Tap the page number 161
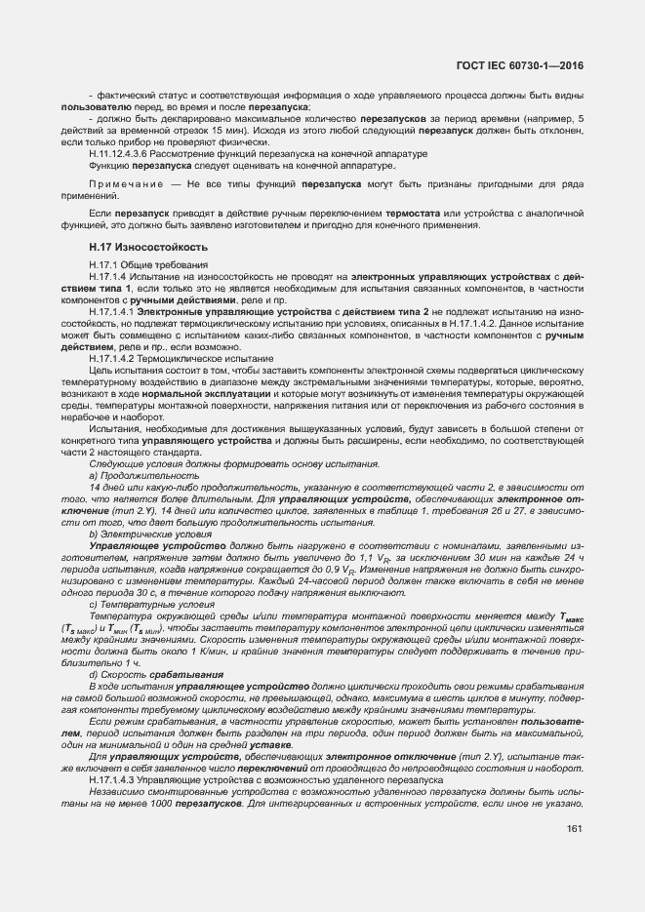click(x=574, y=830)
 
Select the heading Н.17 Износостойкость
click(x=148, y=248)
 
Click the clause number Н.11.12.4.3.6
click(x=123, y=154)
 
